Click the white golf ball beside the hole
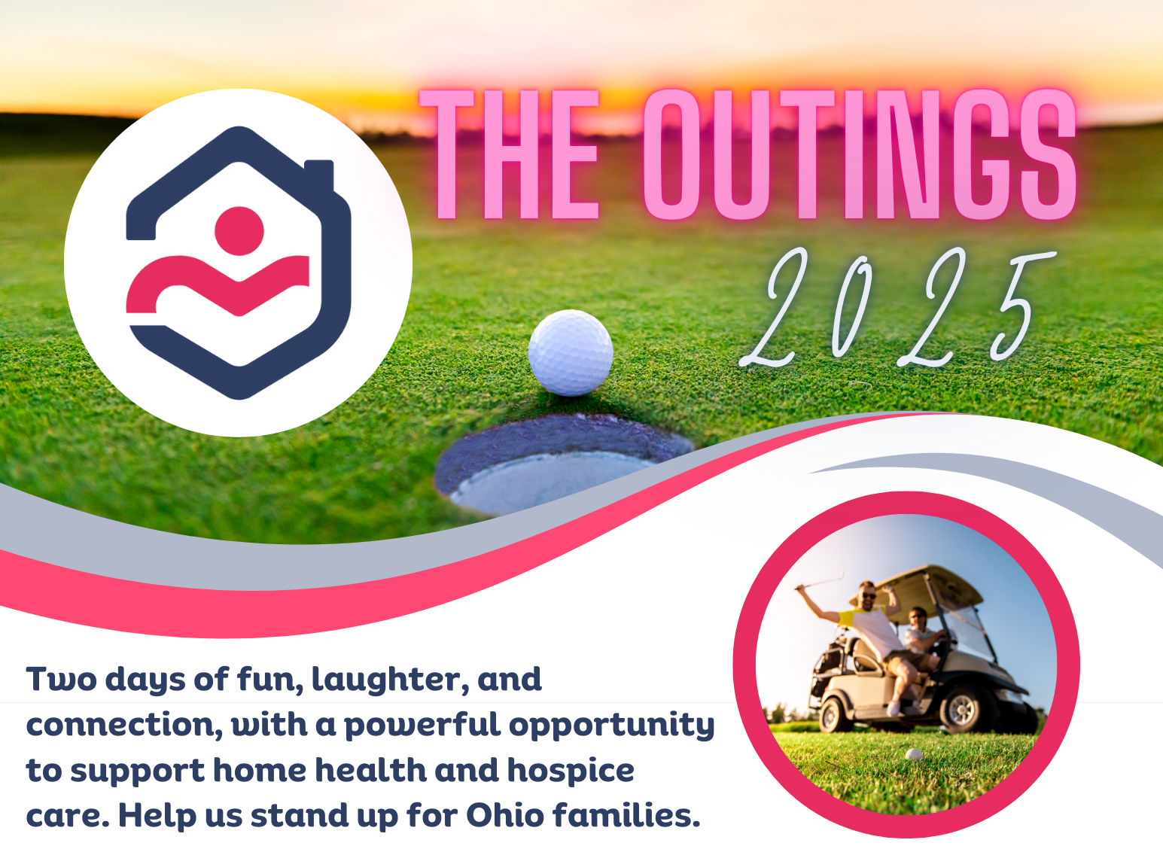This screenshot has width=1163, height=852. (570, 352)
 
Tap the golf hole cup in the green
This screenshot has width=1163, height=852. (563, 464)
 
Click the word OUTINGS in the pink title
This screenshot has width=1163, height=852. (860, 154)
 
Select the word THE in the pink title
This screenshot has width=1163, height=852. (510, 154)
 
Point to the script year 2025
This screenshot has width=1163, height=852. (898, 307)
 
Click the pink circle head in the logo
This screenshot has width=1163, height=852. (239, 230)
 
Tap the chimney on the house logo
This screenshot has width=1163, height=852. (318, 177)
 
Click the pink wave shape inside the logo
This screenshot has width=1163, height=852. (218, 285)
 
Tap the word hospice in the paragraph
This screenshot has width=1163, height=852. (571, 771)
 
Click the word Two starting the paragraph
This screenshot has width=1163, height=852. (61, 679)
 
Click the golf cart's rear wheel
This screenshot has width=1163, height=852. (836, 715)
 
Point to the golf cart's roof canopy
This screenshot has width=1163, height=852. (917, 586)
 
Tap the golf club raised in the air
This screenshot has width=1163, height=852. (820, 582)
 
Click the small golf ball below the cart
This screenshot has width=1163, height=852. (914, 754)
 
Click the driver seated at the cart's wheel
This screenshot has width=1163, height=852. (925, 638)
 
